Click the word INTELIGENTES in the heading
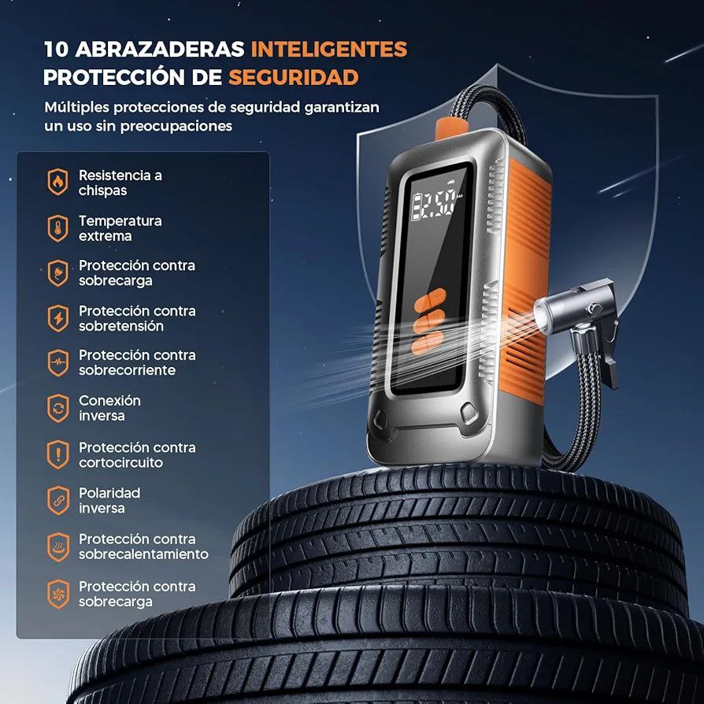click(x=329, y=49)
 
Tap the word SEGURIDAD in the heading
click(x=294, y=77)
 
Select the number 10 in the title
click(x=56, y=49)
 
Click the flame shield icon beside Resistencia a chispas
click(x=58, y=182)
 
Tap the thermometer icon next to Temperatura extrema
click(x=58, y=228)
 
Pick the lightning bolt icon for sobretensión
click(x=58, y=318)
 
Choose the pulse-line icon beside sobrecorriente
click(x=58, y=363)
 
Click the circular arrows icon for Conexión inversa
click(x=58, y=408)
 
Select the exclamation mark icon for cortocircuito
click(x=58, y=455)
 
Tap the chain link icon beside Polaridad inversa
click(x=58, y=500)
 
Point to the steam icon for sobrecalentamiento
click(x=58, y=547)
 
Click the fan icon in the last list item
click(x=58, y=594)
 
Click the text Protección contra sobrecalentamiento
click(x=143, y=547)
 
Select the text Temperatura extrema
click(x=120, y=228)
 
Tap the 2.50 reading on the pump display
click(x=434, y=206)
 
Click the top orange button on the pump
click(x=430, y=299)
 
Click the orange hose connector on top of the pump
click(x=451, y=126)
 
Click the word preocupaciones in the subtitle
click(x=176, y=126)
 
